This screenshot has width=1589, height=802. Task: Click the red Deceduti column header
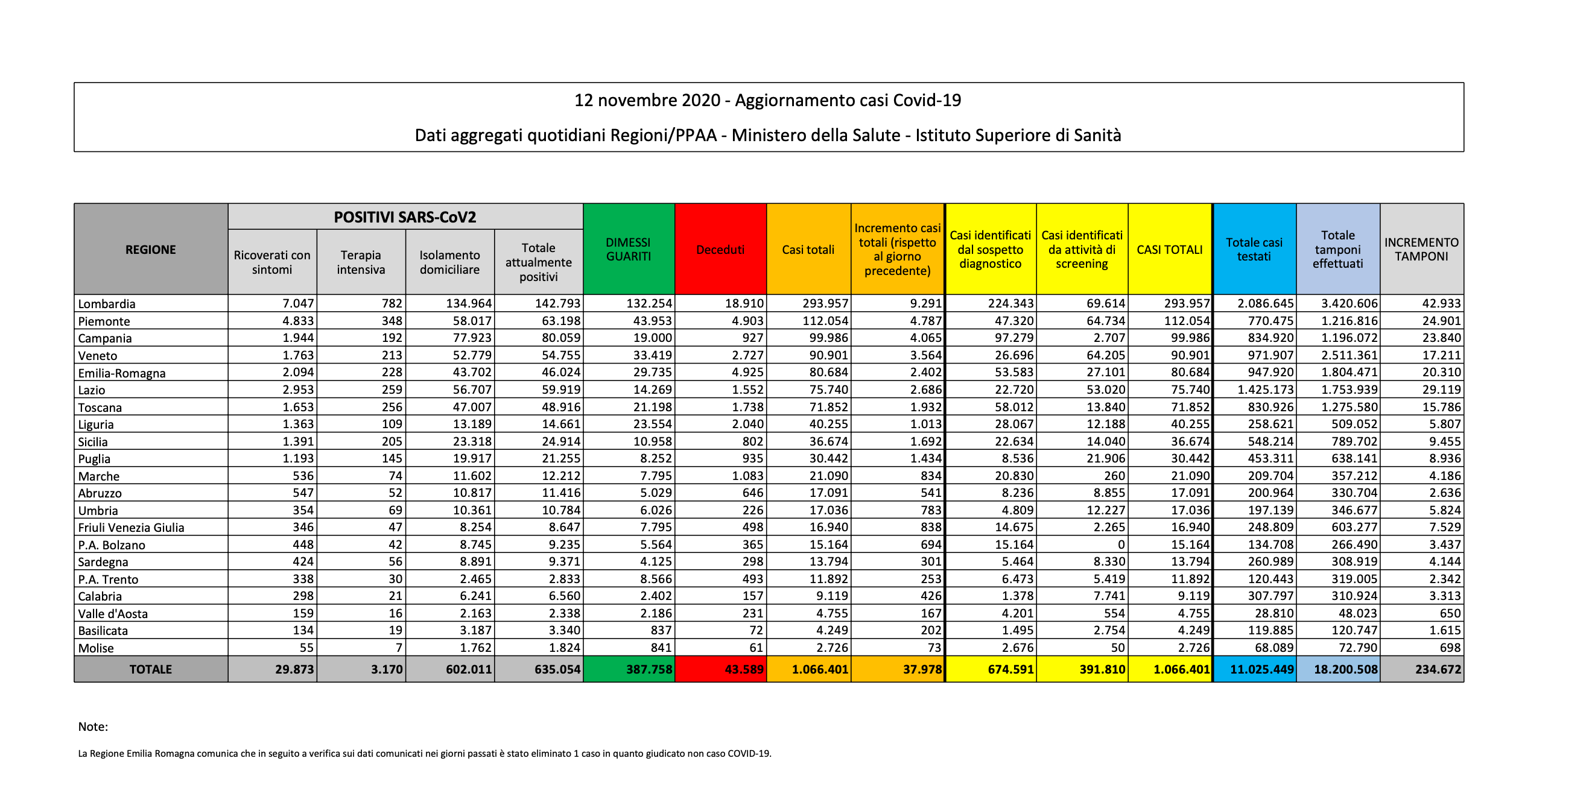click(x=720, y=250)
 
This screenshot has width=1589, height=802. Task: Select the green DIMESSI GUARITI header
click(x=628, y=250)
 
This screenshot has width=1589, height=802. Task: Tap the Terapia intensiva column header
click(x=361, y=262)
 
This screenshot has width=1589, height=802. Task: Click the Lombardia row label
click(x=107, y=304)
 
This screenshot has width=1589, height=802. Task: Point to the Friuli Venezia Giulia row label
click(x=131, y=528)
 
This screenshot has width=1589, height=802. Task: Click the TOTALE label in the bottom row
click(x=150, y=669)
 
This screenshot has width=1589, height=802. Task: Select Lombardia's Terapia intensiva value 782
click(x=392, y=303)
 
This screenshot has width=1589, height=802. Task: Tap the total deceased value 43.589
click(x=743, y=669)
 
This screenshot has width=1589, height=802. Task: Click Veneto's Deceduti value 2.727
click(x=747, y=355)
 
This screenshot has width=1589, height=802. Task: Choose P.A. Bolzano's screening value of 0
click(x=1121, y=545)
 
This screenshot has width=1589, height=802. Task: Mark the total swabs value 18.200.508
click(x=1345, y=669)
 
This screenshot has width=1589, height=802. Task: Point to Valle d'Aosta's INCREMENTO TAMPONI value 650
click(x=1450, y=613)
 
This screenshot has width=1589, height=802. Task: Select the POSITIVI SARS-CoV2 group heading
click(x=405, y=217)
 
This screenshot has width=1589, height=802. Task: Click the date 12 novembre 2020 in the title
click(x=647, y=101)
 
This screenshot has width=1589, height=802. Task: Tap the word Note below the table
click(x=92, y=727)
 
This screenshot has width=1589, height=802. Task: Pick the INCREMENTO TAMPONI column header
click(x=1421, y=250)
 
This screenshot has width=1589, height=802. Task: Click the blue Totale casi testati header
click(x=1254, y=250)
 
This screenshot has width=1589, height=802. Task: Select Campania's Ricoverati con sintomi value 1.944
click(x=298, y=338)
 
